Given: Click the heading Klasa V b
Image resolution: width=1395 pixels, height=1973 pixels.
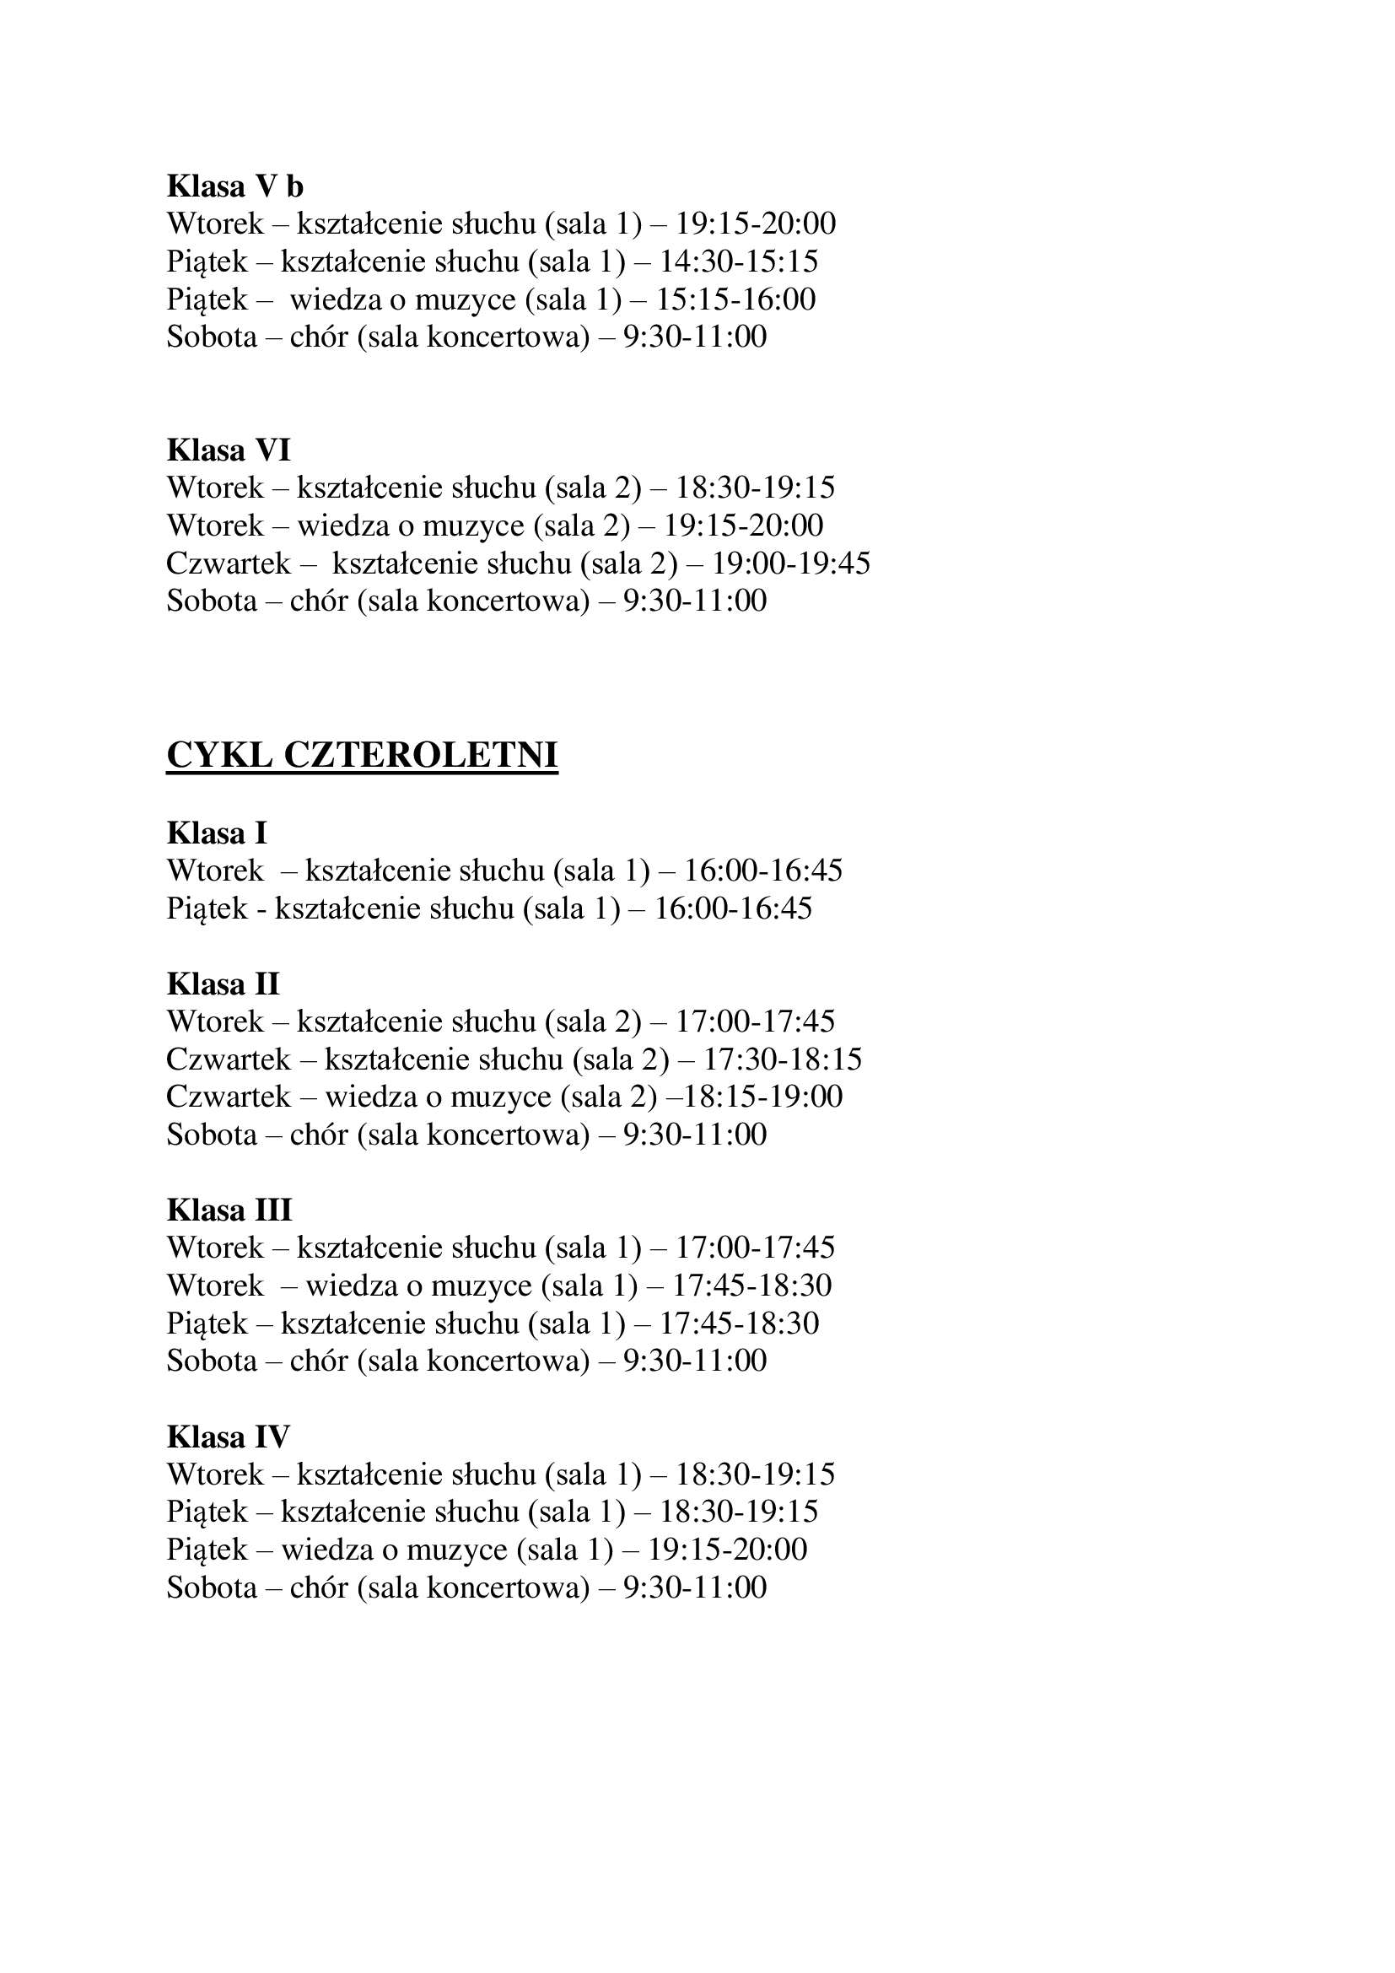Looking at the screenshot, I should [234, 186].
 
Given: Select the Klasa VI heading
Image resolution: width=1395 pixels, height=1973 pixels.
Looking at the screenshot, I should [229, 450].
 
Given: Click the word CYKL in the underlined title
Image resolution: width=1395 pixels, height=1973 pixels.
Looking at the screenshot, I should [219, 755].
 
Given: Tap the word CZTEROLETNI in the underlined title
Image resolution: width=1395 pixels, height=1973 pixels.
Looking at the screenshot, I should [420, 755].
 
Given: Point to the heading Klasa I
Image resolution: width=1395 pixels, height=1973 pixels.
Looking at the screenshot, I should [217, 833].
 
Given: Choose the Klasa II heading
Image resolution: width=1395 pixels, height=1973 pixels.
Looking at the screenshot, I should [223, 983].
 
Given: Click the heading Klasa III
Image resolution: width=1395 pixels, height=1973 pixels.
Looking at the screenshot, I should [229, 1210].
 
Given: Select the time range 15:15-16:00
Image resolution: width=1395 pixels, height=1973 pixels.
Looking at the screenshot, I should [735, 299].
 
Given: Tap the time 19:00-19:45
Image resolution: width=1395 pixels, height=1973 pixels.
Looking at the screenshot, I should [791, 563].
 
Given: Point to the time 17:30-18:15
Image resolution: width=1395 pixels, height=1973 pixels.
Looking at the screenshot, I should [783, 1059].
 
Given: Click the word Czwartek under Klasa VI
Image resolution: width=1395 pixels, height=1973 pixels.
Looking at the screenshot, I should [229, 563].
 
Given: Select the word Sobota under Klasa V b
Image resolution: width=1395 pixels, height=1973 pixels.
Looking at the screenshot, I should [212, 336].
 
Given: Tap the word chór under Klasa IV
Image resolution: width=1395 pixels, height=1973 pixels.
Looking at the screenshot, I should [318, 1588].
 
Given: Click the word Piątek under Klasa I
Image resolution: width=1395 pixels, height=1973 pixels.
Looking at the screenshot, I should [207, 908].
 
